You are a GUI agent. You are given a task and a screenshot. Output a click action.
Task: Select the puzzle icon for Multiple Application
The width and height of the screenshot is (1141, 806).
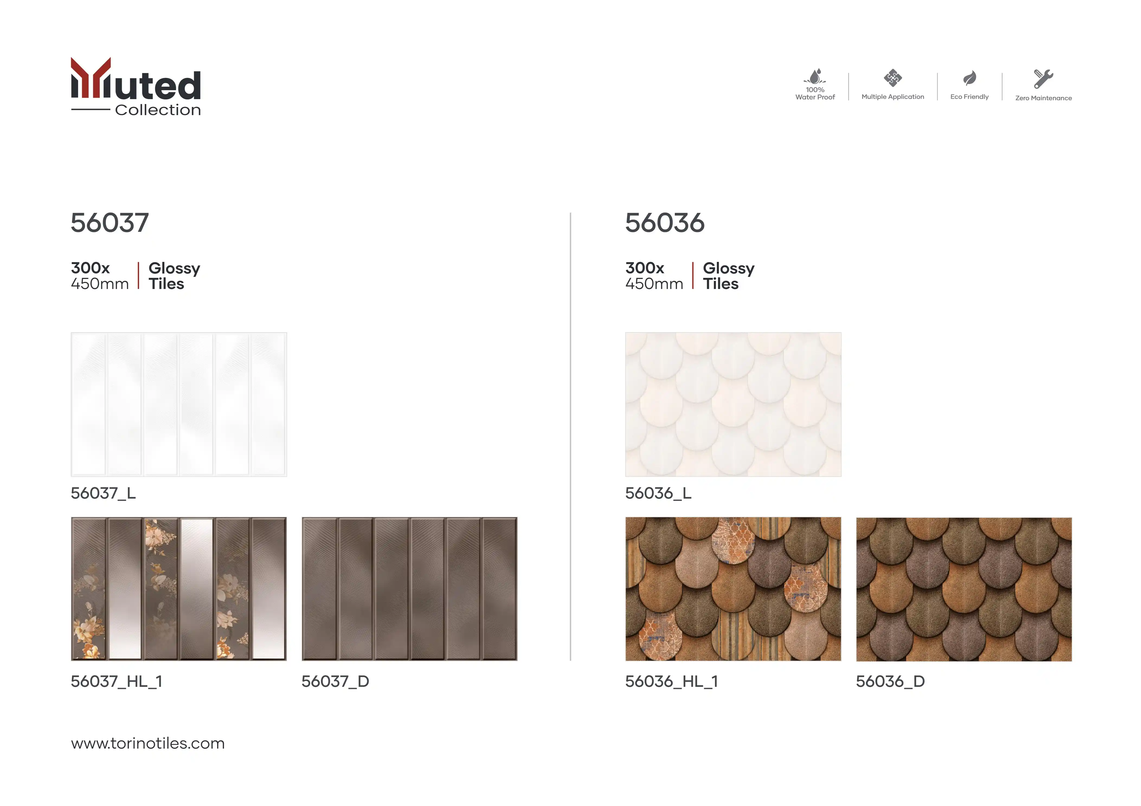point(892,78)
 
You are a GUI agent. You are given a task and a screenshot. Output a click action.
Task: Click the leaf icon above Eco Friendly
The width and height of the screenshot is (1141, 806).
point(970,78)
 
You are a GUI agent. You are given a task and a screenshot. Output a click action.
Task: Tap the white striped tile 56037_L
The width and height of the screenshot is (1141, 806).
point(179,404)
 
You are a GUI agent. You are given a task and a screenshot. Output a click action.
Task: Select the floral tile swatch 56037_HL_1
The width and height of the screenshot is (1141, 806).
point(179,589)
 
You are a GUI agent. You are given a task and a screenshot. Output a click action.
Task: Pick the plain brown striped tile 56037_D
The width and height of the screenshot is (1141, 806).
point(410,589)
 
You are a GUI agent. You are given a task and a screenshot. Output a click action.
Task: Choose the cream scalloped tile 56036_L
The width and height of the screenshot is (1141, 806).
point(733,404)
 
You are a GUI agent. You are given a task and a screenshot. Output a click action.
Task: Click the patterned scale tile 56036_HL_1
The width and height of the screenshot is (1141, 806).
point(733,589)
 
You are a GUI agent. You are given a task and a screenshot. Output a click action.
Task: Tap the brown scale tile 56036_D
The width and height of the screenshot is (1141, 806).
point(964,589)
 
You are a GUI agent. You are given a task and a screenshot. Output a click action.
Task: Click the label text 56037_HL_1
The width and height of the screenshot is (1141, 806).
point(116,681)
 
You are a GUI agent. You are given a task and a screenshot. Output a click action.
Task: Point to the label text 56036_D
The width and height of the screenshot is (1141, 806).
point(890,681)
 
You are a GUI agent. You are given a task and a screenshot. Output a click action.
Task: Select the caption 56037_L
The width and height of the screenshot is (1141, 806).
point(103,493)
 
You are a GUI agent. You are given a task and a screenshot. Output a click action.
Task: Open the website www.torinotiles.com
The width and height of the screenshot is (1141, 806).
point(147,743)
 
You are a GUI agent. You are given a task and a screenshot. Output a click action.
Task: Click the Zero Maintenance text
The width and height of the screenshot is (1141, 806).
point(1044,98)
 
